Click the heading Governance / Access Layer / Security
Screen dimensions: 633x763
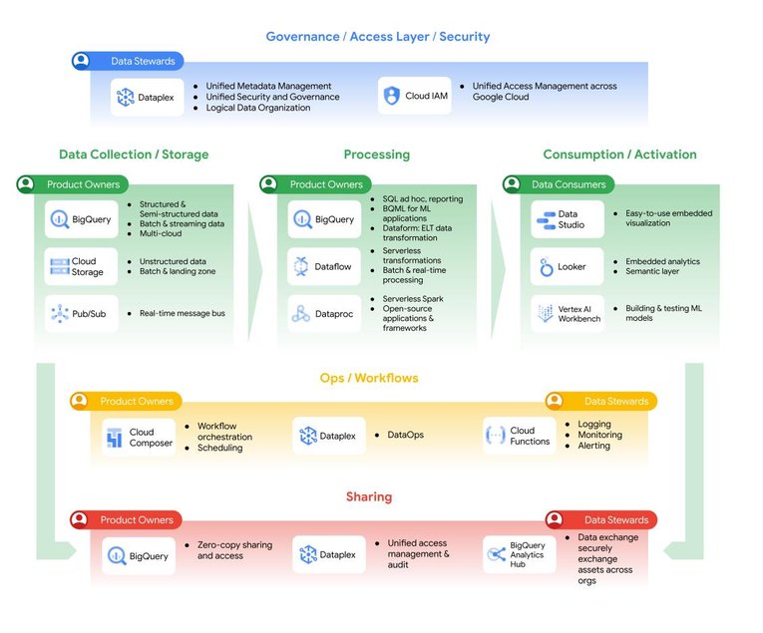tap(377, 37)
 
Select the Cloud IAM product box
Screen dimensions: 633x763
tap(414, 97)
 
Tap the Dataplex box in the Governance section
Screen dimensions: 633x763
tap(148, 97)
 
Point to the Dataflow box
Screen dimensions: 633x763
tap(324, 266)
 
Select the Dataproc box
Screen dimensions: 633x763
tap(324, 313)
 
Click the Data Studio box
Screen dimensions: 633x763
tap(567, 219)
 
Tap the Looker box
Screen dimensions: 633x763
tap(567, 266)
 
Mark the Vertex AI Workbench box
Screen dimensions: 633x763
tap(567, 313)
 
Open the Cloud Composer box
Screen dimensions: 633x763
tap(139, 437)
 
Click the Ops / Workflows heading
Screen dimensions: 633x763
tap(368, 378)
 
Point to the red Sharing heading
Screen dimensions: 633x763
tap(368, 496)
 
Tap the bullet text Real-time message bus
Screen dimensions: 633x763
tap(182, 313)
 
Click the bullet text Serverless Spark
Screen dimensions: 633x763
tap(413, 299)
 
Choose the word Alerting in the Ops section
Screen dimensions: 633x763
tap(594, 447)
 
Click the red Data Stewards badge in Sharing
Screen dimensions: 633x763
tap(603, 519)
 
